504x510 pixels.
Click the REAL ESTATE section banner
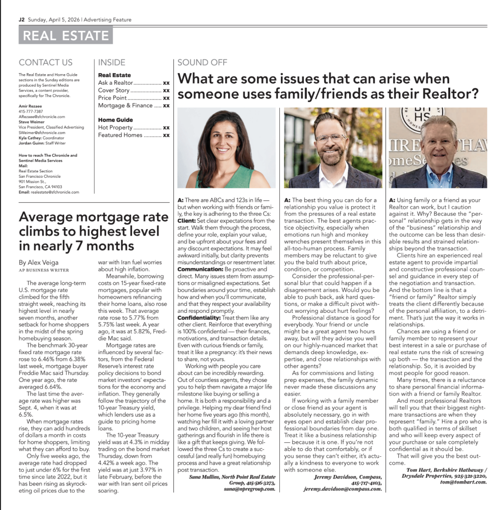coord(66,35)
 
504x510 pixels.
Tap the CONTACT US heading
coord(45,62)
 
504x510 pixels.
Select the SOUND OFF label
coord(202,62)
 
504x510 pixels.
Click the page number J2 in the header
coord(21,20)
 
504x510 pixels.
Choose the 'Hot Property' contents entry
coord(115,127)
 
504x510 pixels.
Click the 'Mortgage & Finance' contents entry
coord(126,106)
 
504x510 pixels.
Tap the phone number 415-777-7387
coord(31,112)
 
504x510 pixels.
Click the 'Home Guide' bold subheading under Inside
coord(116,120)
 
